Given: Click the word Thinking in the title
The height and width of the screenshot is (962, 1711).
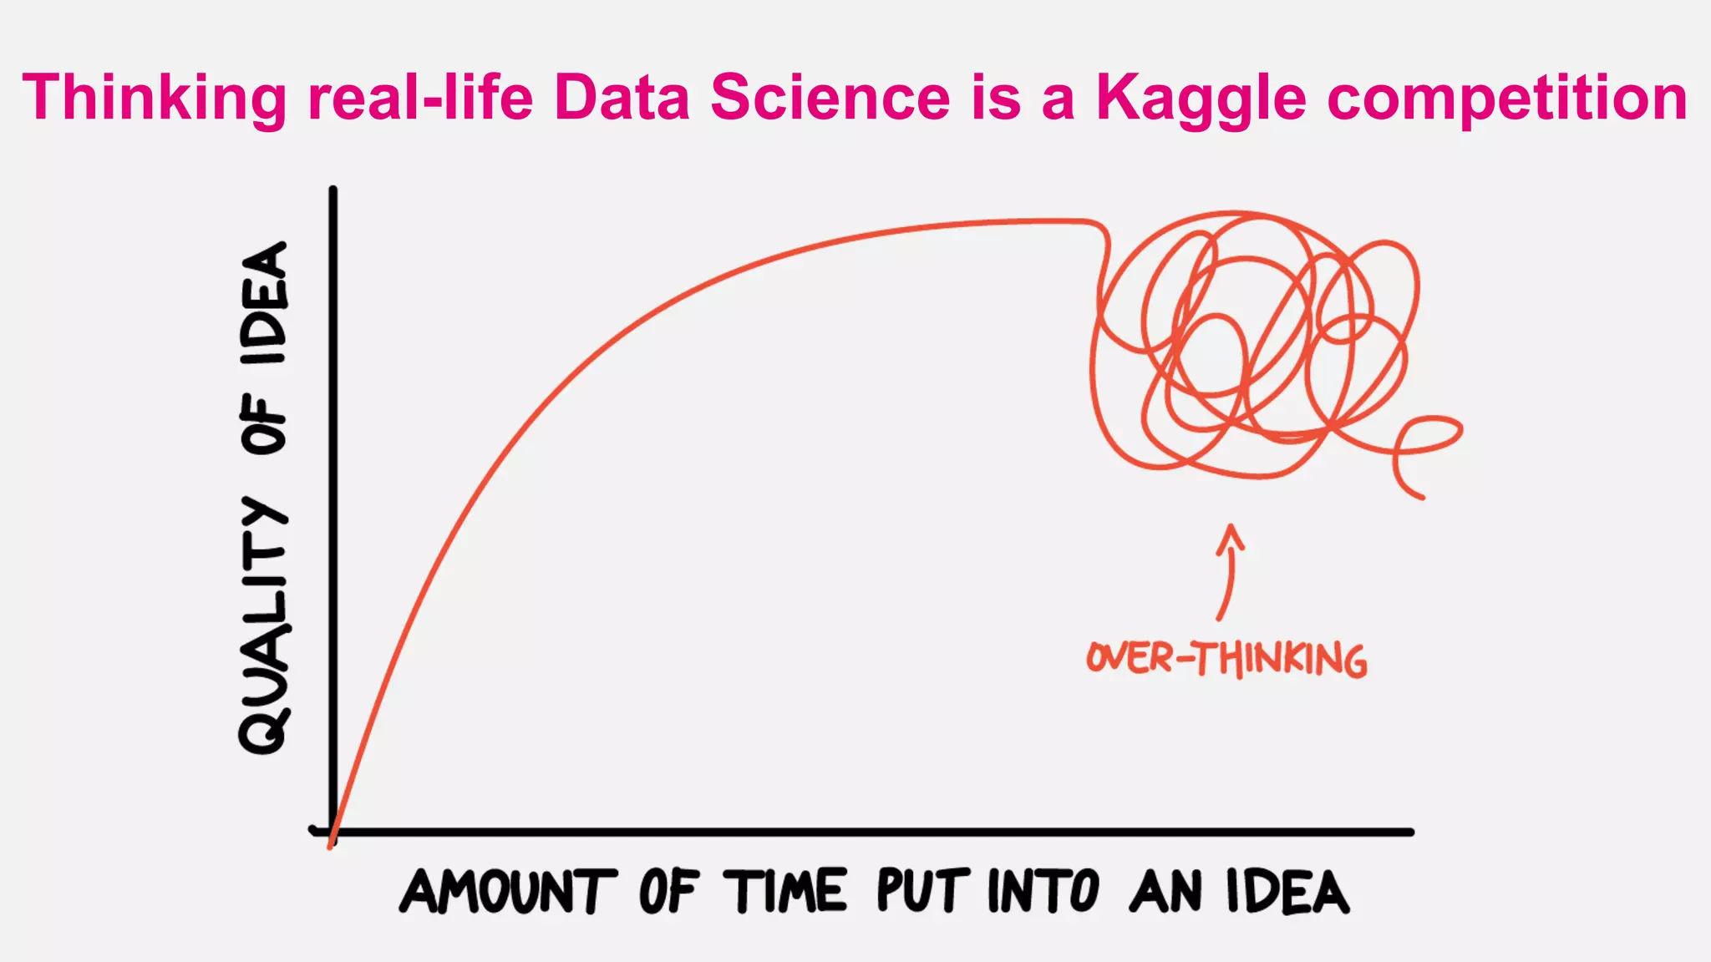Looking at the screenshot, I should pyautogui.click(x=155, y=99).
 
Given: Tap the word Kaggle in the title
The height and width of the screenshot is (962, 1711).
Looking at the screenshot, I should pyautogui.click(x=1201, y=99).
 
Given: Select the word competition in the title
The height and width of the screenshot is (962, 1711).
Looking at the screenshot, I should pyautogui.click(x=1507, y=99).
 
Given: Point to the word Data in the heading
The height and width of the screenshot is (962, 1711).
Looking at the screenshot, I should pyautogui.click(x=622, y=97).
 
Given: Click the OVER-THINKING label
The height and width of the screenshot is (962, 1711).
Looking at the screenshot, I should pyautogui.click(x=1226, y=660).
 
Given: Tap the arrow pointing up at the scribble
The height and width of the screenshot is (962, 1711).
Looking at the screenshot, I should pyautogui.click(x=1227, y=572).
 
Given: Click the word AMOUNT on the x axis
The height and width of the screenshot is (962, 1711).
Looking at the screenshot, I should pyautogui.click(x=509, y=892).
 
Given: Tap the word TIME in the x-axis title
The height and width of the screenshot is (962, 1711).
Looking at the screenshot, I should pyautogui.click(x=785, y=892).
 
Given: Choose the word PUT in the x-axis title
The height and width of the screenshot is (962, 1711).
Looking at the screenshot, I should pyautogui.click(x=922, y=892).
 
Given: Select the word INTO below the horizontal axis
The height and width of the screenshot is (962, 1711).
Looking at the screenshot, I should pyautogui.click(x=1043, y=892).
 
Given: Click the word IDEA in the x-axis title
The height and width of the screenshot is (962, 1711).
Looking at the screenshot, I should pyautogui.click(x=1287, y=892).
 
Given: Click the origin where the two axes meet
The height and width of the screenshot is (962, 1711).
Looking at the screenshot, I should pyautogui.click(x=333, y=831).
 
